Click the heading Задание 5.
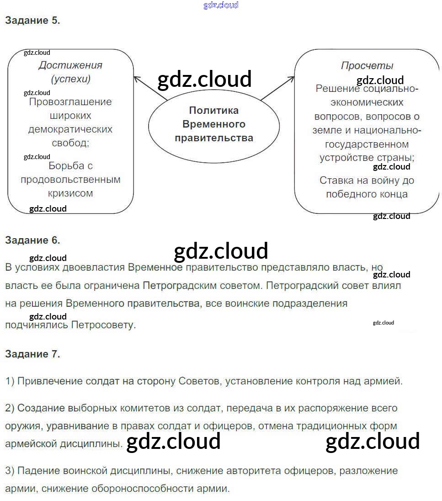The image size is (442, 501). click(x=32, y=21)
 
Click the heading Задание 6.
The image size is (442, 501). click(x=32, y=240)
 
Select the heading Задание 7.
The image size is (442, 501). click(x=32, y=354)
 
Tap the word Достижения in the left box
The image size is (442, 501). click(x=70, y=65)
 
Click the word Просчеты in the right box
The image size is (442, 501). click(x=367, y=65)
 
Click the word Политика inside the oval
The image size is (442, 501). click(x=214, y=110)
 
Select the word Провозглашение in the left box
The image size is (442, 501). click(x=70, y=101)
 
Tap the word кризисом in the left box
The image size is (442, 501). click(x=70, y=193)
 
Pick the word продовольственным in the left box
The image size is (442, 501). click(x=70, y=179)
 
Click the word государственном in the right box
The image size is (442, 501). click(x=367, y=144)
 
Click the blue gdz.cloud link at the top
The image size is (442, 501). click(x=221, y=5)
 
